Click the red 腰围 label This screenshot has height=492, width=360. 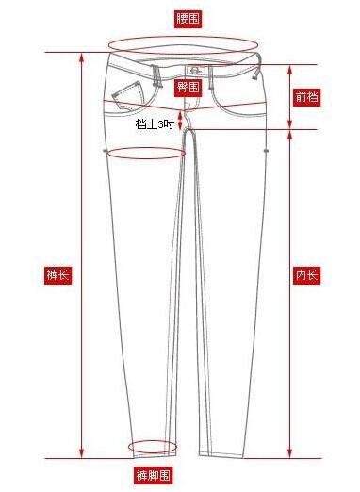[188, 19]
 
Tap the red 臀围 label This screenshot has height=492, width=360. [188, 87]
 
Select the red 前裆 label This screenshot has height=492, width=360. [307, 97]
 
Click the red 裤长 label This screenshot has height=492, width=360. [57, 275]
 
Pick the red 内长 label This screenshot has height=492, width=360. [307, 275]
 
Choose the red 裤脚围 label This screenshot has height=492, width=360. [154, 475]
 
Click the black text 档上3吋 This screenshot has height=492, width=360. [155, 124]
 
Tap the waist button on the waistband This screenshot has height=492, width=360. [195, 71]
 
